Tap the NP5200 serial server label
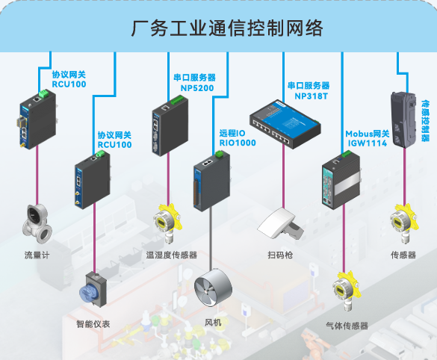click(193, 81)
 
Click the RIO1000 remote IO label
click(238, 137)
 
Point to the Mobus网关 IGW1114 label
click(366, 138)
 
